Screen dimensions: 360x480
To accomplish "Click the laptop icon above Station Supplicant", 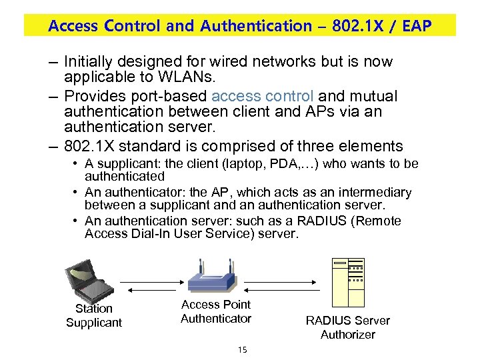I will tap(85, 281).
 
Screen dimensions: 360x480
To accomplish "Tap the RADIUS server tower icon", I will tap(348, 283).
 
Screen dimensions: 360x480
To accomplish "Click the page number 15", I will tap(241, 349).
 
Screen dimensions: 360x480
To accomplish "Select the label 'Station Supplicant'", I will tap(94, 315).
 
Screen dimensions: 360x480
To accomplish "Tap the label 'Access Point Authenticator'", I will tap(216, 311).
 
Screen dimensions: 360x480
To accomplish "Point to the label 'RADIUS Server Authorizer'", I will tap(347, 327).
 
